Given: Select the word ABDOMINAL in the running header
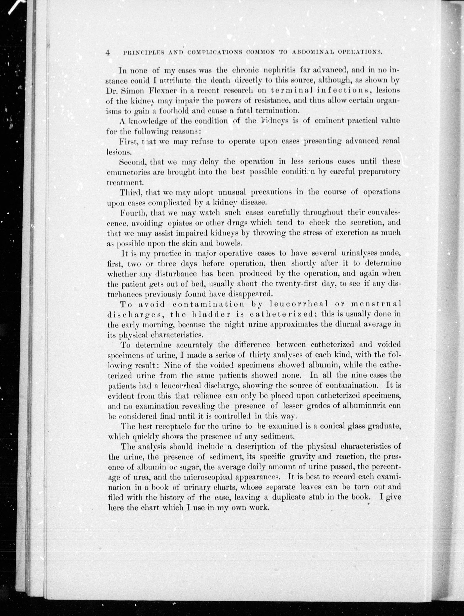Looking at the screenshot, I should [x=311, y=52].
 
